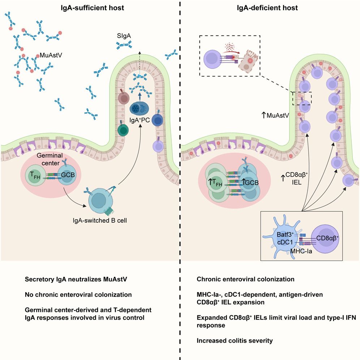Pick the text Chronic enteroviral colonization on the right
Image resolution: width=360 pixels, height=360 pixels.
click(x=245, y=279)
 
